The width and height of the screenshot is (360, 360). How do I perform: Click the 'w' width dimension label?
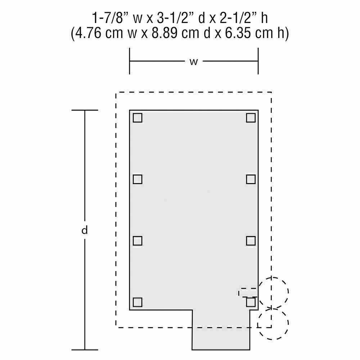click(194, 62)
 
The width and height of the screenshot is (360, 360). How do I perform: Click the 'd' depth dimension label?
click(85, 230)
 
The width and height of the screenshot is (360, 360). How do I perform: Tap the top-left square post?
click(138, 118)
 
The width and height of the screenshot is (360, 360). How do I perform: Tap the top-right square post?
click(251, 118)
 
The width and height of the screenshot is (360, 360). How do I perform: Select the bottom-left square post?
click(138, 302)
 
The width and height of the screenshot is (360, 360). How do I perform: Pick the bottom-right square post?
click(251, 302)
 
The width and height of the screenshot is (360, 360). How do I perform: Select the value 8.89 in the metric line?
click(165, 33)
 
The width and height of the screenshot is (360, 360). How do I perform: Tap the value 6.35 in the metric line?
click(237, 33)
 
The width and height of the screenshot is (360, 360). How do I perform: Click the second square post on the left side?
click(138, 179)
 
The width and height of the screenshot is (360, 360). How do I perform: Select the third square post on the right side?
click(251, 241)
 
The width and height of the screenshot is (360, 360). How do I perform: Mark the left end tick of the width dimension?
click(130, 61)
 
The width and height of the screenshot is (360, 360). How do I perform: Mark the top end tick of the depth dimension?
click(85, 110)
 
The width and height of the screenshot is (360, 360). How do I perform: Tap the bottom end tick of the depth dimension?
click(85, 350)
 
